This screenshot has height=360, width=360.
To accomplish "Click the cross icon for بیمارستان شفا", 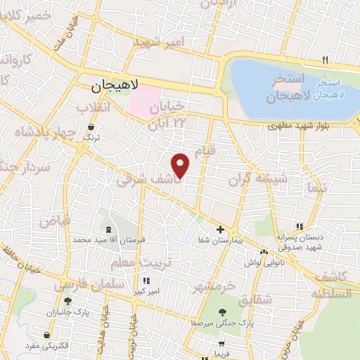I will click(220, 229).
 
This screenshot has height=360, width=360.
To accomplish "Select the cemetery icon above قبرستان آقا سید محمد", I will click(108, 229).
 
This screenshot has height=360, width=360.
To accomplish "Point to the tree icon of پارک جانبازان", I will click(67, 301).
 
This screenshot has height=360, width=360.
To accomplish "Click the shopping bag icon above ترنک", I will click(91, 127).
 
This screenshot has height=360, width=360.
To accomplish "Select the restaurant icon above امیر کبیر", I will click(146, 281).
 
